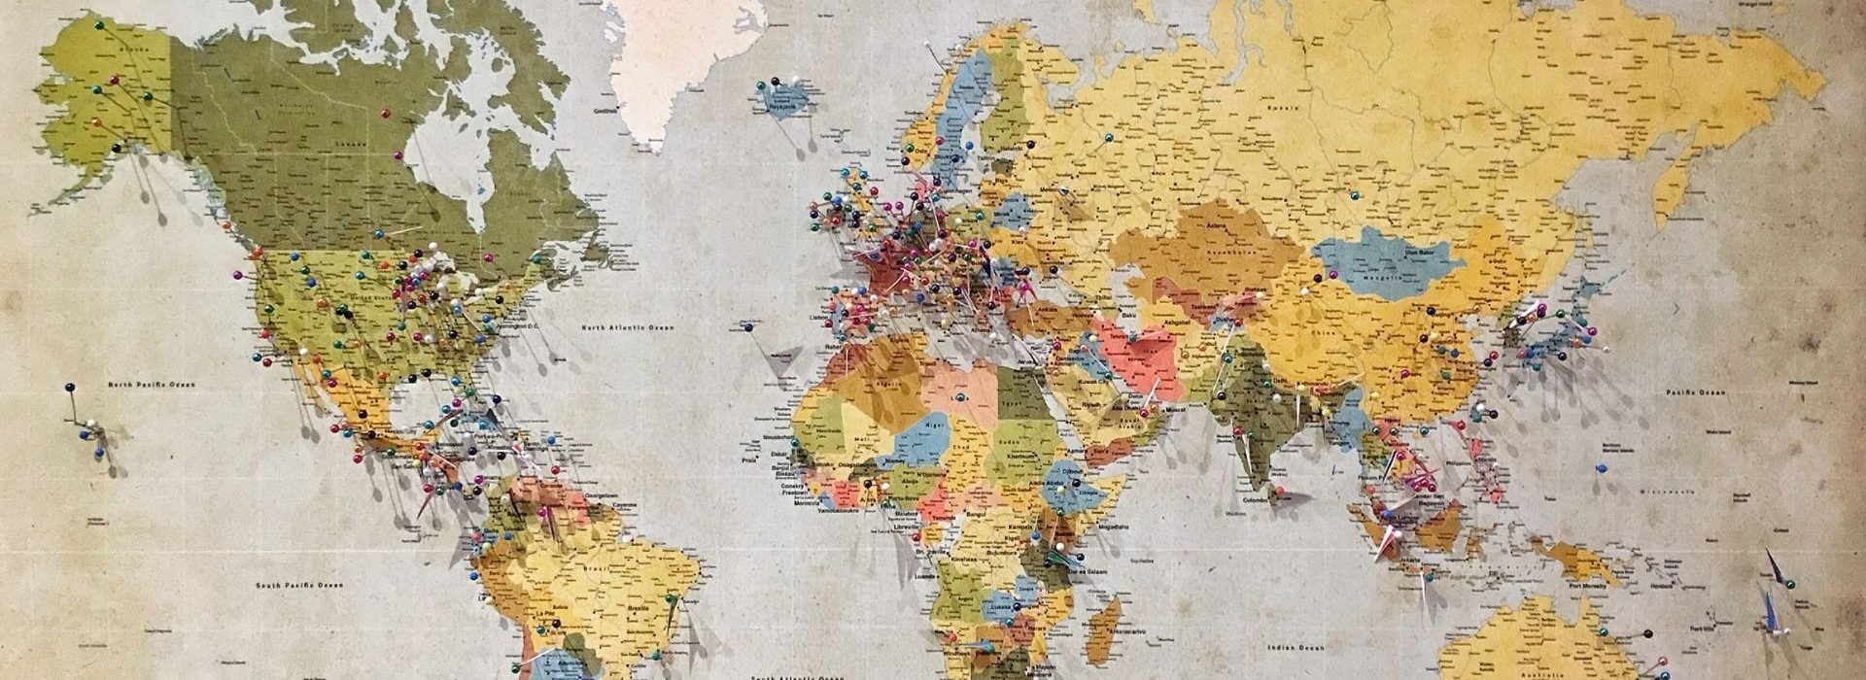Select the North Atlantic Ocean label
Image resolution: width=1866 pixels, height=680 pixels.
(x=628, y=328)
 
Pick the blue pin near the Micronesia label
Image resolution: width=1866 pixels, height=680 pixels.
(x=1601, y=468)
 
